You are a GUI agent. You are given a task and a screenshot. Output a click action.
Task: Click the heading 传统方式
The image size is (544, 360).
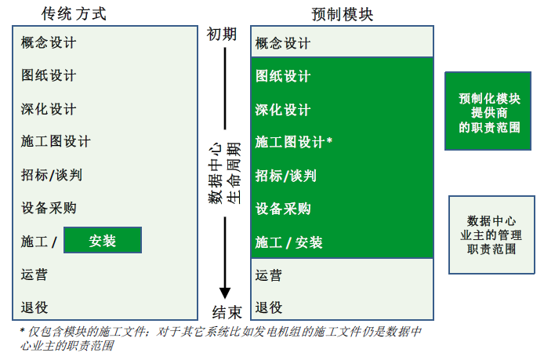tap(74, 14)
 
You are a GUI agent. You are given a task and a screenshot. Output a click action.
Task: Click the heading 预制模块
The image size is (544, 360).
tap(342, 15)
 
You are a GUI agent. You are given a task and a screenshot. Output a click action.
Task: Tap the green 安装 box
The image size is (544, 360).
tap(103, 240)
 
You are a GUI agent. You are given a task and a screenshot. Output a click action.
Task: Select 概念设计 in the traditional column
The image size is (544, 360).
tap(49, 42)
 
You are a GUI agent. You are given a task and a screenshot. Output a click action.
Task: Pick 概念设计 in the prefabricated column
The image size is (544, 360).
tap(283, 43)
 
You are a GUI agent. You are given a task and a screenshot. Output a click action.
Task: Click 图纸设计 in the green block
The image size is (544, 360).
tap(283, 76)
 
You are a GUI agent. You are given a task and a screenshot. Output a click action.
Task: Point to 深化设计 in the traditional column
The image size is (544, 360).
tap(49, 109)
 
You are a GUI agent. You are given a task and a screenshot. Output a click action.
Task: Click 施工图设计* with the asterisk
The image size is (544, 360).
tap(294, 142)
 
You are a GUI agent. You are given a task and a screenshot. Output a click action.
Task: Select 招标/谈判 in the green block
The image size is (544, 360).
tap(286, 176)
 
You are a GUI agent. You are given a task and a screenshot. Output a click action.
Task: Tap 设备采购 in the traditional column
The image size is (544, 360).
tap(49, 208)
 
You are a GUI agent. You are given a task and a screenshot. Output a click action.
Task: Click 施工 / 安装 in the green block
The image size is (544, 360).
tap(288, 242)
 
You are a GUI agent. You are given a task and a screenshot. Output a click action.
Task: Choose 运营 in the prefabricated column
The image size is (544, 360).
tap(269, 275)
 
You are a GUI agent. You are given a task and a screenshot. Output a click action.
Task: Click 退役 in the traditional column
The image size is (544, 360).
tap(34, 307)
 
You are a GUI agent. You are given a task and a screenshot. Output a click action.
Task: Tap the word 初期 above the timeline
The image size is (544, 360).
tap(222, 35)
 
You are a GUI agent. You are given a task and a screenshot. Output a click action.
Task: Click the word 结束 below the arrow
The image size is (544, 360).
tap(227, 312)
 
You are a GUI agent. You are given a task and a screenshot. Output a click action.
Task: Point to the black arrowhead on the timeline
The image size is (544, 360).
tap(225, 293)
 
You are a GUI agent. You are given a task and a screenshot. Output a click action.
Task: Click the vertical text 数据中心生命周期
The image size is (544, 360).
tap(224, 173)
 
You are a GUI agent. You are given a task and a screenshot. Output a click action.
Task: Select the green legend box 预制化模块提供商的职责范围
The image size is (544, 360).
tap(488, 111)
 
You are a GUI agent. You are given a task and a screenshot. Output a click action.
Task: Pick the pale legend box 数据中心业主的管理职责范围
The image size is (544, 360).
tap(491, 235)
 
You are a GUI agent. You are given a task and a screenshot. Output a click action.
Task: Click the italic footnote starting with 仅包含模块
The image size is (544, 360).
tap(220, 339)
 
